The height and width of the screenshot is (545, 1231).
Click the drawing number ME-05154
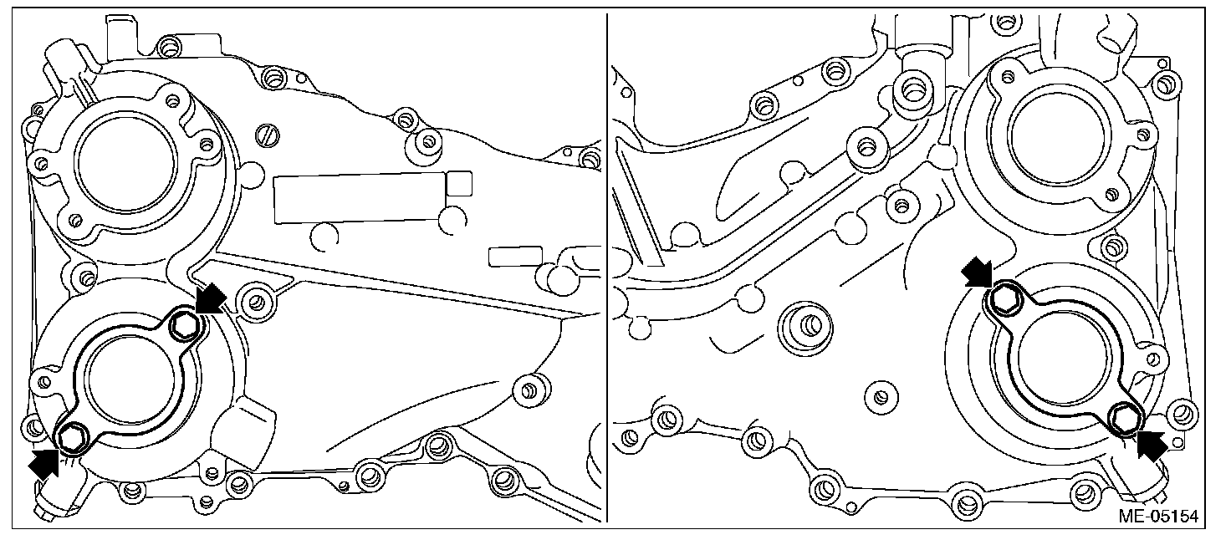(x=1158, y=517)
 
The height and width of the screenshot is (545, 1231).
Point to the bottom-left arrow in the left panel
(x=44, y=462)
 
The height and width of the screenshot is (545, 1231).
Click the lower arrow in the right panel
(x=1152, y=445)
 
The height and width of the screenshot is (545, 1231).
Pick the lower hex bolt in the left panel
(x=71, y=438)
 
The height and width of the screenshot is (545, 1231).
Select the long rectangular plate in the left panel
(x=360, y=198)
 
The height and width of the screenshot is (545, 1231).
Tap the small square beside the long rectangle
(x=459, y=184)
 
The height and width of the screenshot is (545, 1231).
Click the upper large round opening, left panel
(x=127, y=163)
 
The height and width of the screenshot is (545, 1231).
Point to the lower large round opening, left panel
(x=130, y=387)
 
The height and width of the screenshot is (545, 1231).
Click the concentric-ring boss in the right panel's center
(x=805, y=329)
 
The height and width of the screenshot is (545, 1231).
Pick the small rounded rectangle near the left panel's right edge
(x=515, y=257)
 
